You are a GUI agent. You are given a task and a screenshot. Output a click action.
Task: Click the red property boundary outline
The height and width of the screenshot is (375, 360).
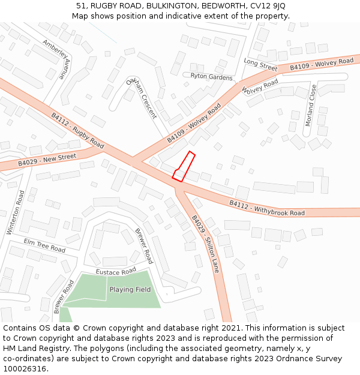[x=184, y=167]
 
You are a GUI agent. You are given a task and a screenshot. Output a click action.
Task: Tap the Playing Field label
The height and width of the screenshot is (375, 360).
[x=130, y=290]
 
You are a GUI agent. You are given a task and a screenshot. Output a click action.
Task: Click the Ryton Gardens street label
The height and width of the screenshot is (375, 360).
[x=211, y=77]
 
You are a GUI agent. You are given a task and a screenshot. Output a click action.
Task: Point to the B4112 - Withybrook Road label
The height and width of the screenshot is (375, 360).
[x=267, y=208]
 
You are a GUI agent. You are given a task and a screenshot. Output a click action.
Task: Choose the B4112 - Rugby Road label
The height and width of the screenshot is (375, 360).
[x=77, y=131]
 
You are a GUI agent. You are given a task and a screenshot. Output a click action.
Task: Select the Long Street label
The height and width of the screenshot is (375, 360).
[x=260, y=64]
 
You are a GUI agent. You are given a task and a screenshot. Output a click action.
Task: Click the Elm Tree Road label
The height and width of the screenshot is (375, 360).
[x=44, y=245]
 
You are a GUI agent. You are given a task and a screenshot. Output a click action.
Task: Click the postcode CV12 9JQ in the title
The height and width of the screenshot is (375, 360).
[x=265, y=6]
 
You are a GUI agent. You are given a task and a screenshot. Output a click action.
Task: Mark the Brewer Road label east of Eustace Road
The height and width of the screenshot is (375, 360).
[x=144, y=246]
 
